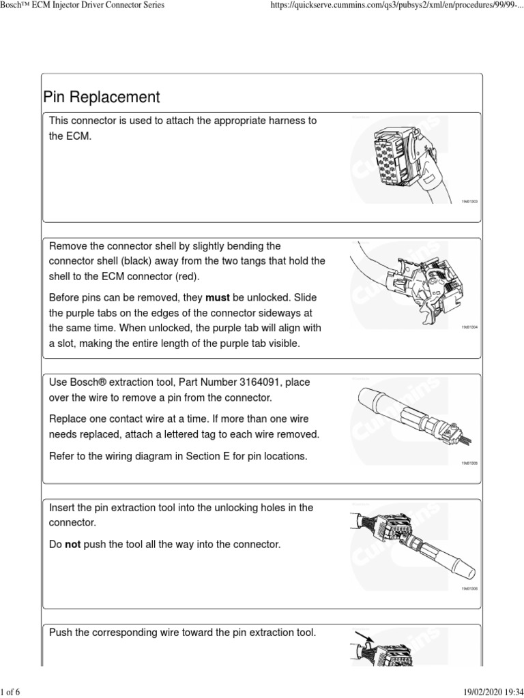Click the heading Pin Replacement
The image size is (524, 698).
101,97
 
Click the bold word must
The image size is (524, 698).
218,299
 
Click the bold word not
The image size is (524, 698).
73,545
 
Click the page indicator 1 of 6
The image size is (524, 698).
12,693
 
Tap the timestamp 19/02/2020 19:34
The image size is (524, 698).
487,693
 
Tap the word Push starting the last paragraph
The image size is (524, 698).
61,633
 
